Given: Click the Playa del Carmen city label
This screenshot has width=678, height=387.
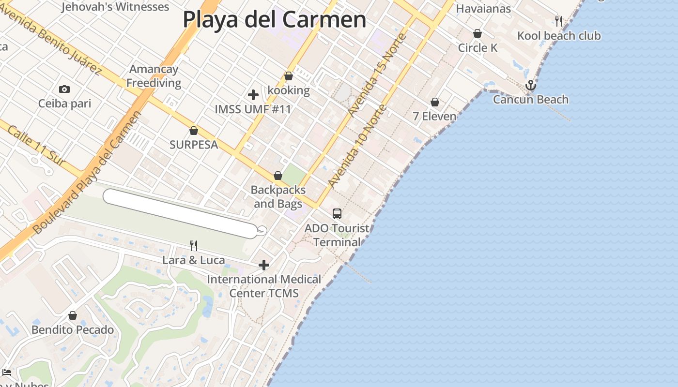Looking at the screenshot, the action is (x=274, y=20).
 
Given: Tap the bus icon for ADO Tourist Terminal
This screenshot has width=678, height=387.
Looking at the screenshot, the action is (x=337, y=213).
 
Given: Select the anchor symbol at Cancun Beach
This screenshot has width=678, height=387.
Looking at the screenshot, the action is (x=531, y=86).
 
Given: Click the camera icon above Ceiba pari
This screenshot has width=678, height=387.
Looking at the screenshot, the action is (x=64, y=89).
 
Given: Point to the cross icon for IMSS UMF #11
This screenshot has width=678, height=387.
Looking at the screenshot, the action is (x=253, y=95).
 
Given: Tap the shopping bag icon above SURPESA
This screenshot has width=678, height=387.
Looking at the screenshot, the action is (x=194, y=131).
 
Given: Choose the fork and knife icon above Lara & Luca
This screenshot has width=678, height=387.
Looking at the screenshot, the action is (x=194, y=246).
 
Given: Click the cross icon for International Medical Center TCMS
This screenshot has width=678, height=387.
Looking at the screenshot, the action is (x=264, y=265).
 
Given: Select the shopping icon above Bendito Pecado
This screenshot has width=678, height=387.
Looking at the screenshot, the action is (x=73, y=315).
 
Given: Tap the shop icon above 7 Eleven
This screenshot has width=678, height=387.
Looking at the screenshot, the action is (x=435, y=102).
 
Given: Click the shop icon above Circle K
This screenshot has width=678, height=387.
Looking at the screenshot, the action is (x=478, y=33).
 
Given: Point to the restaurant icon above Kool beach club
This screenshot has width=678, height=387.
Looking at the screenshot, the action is (x=559, y=21).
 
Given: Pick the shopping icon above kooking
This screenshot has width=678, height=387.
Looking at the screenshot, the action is (x=289, y=76).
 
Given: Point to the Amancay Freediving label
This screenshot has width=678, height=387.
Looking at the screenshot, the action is (x=154, y=76).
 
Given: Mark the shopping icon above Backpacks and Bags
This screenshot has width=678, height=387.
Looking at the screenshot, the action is (x=278, y=176).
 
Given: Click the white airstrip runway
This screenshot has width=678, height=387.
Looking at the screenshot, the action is (x=179, y=213).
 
